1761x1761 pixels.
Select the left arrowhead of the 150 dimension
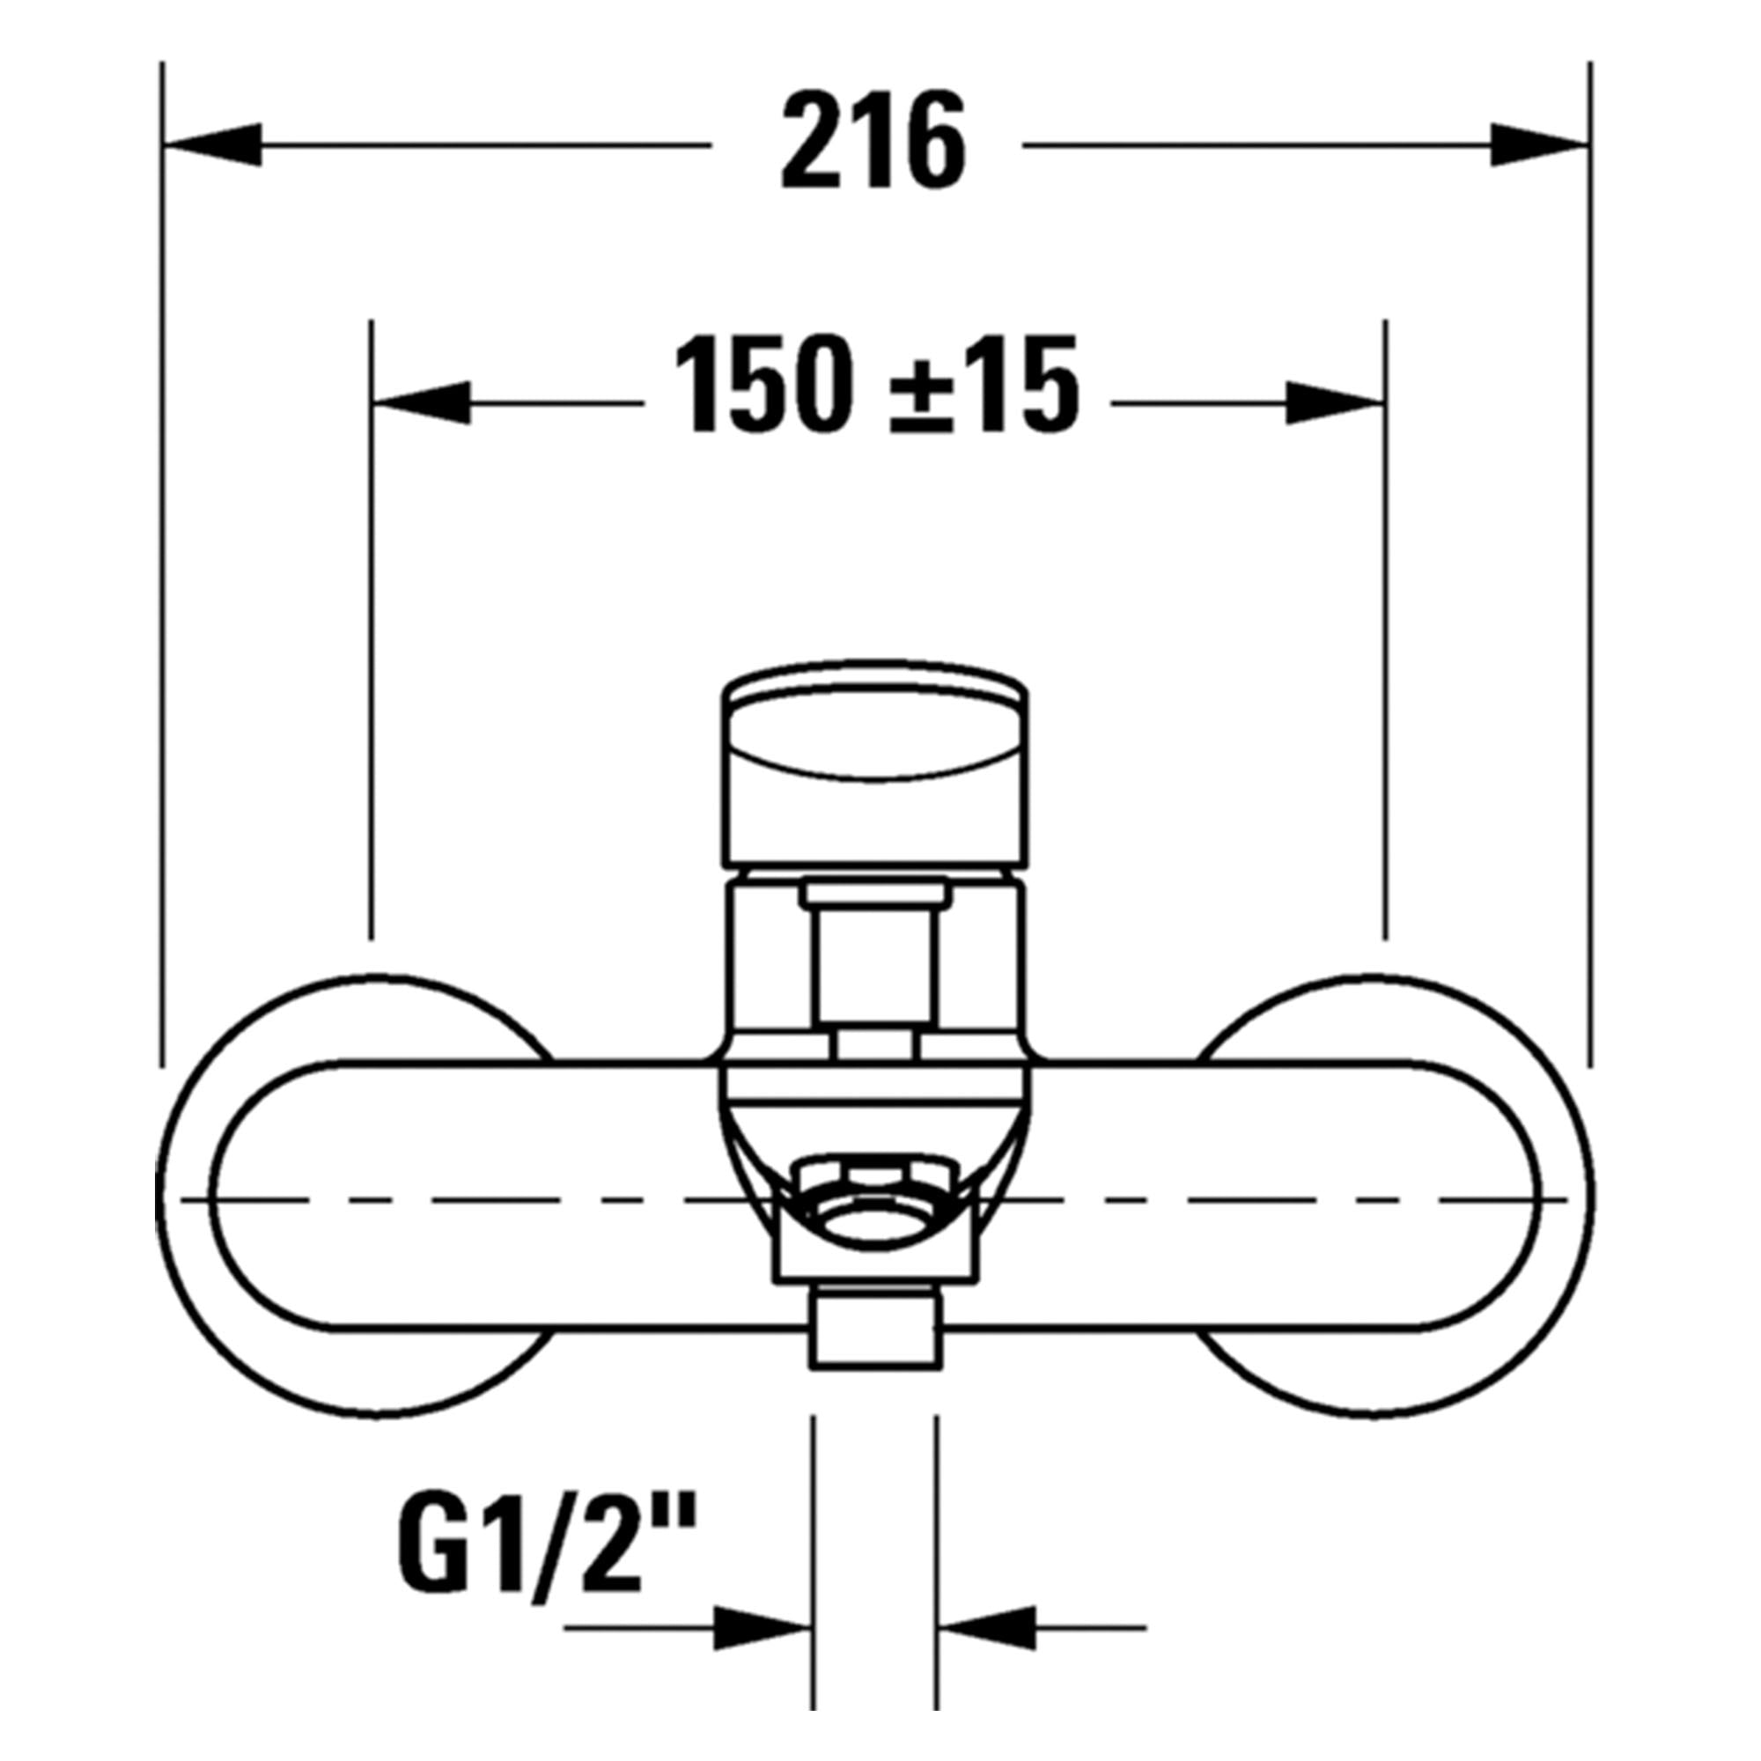point(423,402)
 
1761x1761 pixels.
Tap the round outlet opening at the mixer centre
point(875,1221)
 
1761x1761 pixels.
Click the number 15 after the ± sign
point(1020,383)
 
